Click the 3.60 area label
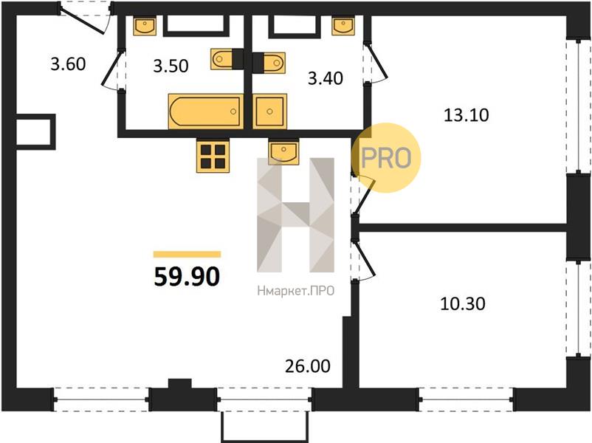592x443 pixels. click(68, 63)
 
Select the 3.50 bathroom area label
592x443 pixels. click(171, 66)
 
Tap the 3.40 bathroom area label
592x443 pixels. click(326, 78)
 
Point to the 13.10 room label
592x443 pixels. click(467, 114)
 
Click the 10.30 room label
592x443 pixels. click(463, 303)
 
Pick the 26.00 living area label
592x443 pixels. click(308, 366)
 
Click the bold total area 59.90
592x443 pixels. click(187, 276)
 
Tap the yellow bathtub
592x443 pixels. click(206, 111)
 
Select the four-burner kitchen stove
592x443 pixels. click(213, 156)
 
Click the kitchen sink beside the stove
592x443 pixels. click(283, 152)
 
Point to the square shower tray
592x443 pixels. click(269, 111)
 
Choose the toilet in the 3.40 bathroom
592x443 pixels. click(269, 63)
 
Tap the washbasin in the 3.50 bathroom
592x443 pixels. click(145, 26)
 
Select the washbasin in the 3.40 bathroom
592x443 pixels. click(343, 26)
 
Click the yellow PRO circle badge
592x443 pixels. click(386, 158)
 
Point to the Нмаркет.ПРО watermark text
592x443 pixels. click(295, 291)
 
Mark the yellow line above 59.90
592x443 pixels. click(187, 254)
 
